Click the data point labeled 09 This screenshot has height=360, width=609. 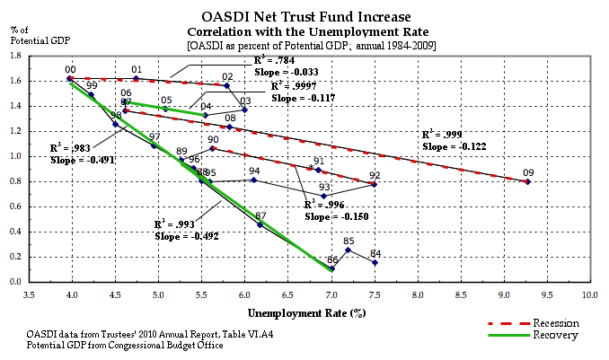[527, 181]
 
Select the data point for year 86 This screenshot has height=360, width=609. [332, 268]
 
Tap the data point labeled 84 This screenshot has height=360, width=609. [375, 262]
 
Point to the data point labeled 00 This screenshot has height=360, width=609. [70, 79]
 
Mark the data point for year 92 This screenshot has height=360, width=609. [375, 184]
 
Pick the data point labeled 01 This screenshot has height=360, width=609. [136, 79]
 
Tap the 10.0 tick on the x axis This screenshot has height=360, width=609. [590, 293]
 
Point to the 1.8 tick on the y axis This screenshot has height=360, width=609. [16, 56]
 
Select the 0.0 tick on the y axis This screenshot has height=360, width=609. [16, 282]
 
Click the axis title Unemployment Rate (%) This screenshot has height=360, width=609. [307, 312]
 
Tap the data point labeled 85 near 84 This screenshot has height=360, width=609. [348, 250]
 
